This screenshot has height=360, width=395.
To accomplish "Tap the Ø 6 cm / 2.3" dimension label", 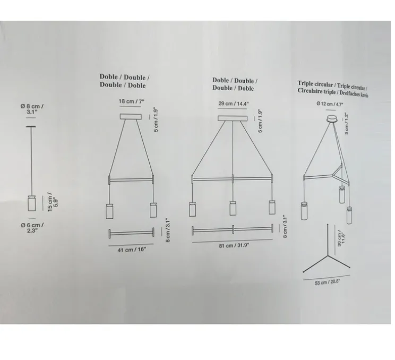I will [x=36, y=228].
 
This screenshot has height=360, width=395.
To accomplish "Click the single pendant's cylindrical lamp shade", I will [x=30, y=204].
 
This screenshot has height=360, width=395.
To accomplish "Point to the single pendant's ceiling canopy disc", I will [x=30, y=126].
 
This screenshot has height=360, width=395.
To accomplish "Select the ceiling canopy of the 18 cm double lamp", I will [x=131, y=116].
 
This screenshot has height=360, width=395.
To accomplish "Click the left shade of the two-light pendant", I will [x=110, y=211].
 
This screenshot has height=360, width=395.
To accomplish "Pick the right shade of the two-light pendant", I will [x=153, y=211].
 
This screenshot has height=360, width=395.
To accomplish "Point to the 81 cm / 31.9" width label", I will [x=232, y=246].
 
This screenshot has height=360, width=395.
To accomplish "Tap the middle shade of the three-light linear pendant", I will [x=233, y=209].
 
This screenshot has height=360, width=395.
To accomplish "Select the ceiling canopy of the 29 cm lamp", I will [x=232, y=118].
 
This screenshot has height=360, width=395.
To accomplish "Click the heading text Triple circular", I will [x=315, y=84].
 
